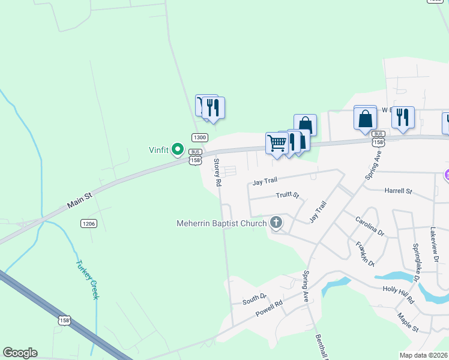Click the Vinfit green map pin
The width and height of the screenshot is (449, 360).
click(178, 148)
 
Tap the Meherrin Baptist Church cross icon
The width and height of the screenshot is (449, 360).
click(276, 223)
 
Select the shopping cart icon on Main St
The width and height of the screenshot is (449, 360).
click(276, 143)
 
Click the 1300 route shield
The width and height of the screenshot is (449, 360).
click(200, 137)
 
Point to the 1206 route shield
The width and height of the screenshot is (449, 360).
click(88, 223)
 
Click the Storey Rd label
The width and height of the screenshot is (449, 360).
click(218, 172)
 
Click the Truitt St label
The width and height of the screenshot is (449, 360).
click(287, 195)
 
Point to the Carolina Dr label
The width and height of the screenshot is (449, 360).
click(369, 227)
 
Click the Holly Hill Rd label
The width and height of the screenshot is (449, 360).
click(399, 293)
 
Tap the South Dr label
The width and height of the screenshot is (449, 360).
click(254, 298)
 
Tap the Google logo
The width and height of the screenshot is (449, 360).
click(20, 353)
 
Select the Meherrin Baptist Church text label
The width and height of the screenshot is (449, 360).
click(221, 224)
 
